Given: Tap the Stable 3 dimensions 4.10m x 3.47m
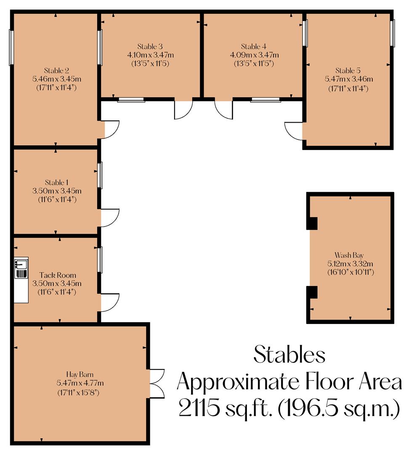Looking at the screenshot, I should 150,55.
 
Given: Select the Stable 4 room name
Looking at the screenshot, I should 254,46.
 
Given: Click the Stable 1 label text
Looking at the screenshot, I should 56,182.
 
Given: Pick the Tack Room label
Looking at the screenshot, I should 58,275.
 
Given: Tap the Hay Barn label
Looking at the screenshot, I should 80,374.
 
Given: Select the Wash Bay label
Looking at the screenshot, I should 349,255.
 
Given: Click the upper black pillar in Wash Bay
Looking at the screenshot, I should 312,223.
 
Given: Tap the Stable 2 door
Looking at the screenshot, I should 111,129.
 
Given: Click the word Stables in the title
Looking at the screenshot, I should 289,355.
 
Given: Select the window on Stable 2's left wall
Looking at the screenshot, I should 11,47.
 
